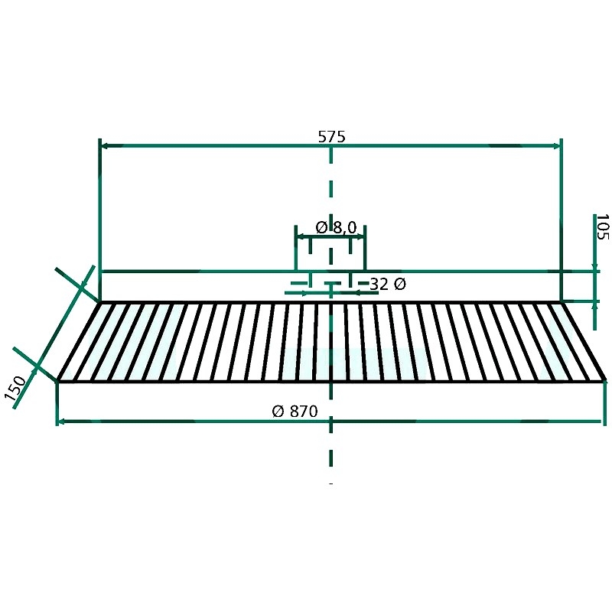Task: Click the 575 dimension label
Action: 332,137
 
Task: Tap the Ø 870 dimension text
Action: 295,412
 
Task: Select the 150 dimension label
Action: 15,388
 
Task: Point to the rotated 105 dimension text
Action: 603,226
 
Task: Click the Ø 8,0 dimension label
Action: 336,227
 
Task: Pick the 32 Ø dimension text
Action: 388,284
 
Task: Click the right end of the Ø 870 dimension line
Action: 601,422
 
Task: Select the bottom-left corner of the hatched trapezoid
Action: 57,380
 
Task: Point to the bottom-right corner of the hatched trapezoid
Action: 606,380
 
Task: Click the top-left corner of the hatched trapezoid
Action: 100,301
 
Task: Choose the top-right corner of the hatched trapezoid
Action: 562,301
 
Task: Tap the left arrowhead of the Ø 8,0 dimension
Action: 300,236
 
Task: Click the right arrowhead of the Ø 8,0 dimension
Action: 360,236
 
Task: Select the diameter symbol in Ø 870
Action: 278,412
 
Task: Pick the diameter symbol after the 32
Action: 400,284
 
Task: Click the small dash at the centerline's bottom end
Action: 331,484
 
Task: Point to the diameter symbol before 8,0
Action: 321,227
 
